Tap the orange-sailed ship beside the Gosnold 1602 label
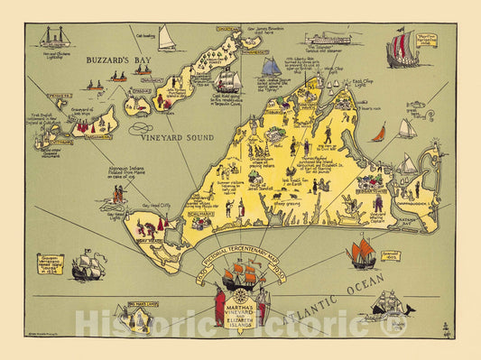tap(363, 252)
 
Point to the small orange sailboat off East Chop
tap(380, 132)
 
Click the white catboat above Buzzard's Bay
tap(167, 39)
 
